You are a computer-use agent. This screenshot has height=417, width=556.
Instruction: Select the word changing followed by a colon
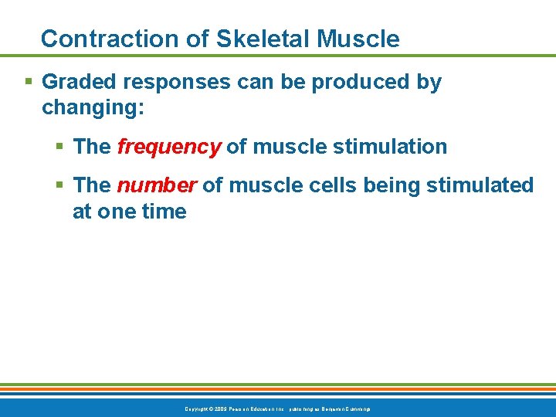tap(93, 107)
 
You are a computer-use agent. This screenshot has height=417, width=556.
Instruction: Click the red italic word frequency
tap(168, 146)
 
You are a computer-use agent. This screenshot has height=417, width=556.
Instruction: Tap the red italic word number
tap(156, 185)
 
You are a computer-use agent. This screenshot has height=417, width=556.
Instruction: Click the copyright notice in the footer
tap(277, 408)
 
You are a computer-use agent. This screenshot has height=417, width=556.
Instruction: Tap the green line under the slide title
tap(278, 56)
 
